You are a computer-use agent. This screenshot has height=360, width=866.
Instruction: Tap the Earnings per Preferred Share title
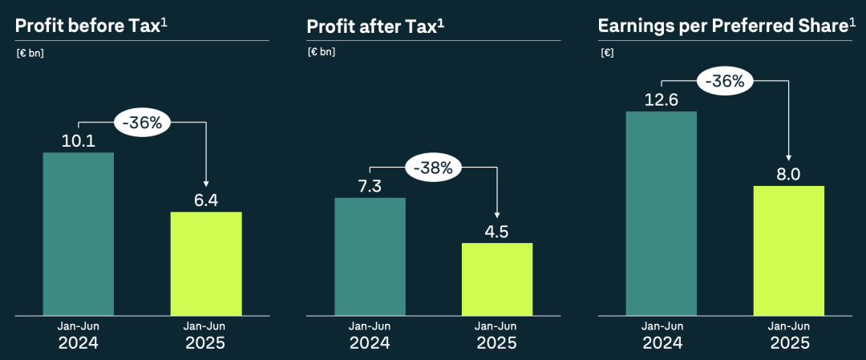(x=722, y=26)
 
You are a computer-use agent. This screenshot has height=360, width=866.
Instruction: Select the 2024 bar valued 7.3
(x=370, y=256)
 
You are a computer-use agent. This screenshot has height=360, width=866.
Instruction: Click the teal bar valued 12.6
(x=662, y=212)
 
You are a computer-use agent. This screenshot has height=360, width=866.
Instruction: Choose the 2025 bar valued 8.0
(x=789, y=250)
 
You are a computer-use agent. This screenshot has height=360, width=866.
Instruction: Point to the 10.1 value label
(x=78, y=141)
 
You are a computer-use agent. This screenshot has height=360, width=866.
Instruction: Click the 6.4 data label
(x=206, y=200)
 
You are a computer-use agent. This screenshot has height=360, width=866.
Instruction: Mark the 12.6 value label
(x=662, y=99)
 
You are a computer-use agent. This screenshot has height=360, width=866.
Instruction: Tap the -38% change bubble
(x=434, y=168)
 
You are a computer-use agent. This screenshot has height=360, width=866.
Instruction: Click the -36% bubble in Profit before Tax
(x=142, y=123)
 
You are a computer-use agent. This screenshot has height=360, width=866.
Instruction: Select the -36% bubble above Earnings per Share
(x=726, y=81)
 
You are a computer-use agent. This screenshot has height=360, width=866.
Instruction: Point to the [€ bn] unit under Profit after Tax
(x=321, y=52)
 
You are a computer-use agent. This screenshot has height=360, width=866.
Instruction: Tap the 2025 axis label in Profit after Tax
(x=497, y=343)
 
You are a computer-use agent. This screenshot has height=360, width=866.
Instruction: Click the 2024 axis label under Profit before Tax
(x=78, y=343)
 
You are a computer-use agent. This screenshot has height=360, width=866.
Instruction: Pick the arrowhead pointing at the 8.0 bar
(x=789, y=158)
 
